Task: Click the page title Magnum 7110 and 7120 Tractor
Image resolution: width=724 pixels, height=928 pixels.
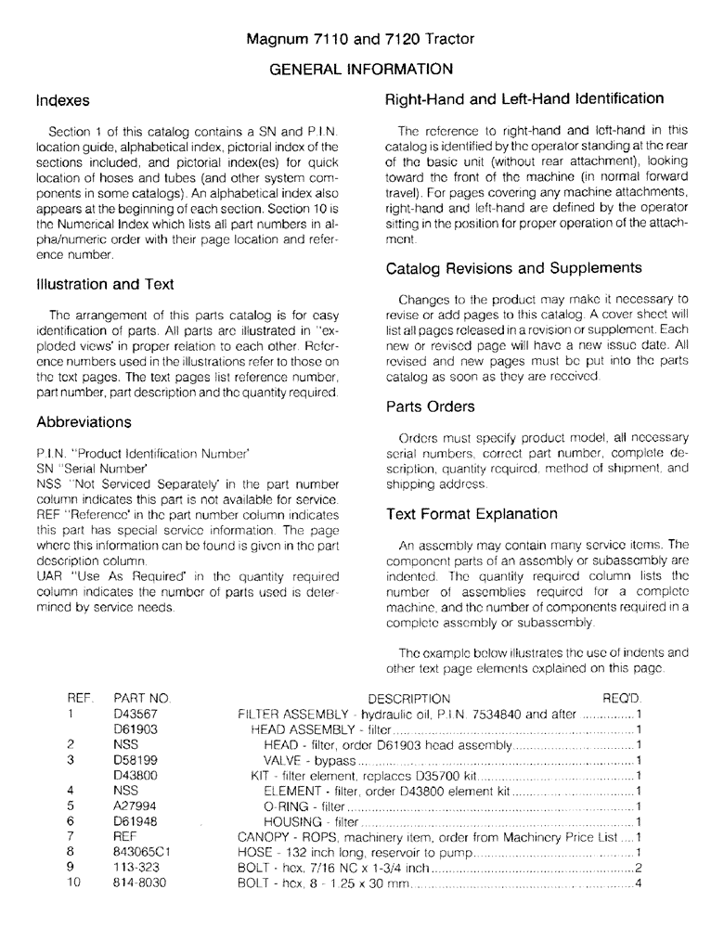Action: pyautogui.click(x=360, y=39)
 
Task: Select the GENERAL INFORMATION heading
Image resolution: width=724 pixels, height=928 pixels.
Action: pyautogui.click(x=361, y=69)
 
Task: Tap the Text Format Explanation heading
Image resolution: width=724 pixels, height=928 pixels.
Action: pyautogui.click(x=472, y=513)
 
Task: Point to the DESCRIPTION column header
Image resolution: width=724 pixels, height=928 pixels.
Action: pyautogui.click(x=408, y=698)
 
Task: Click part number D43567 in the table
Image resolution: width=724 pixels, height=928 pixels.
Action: pyautogui.click(x=134, y=714)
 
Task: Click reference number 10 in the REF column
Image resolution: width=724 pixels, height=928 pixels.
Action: pyautogui.click(x=75, y=883)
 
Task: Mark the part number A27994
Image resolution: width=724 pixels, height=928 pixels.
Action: pyautogui.click(x=134, y=806)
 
